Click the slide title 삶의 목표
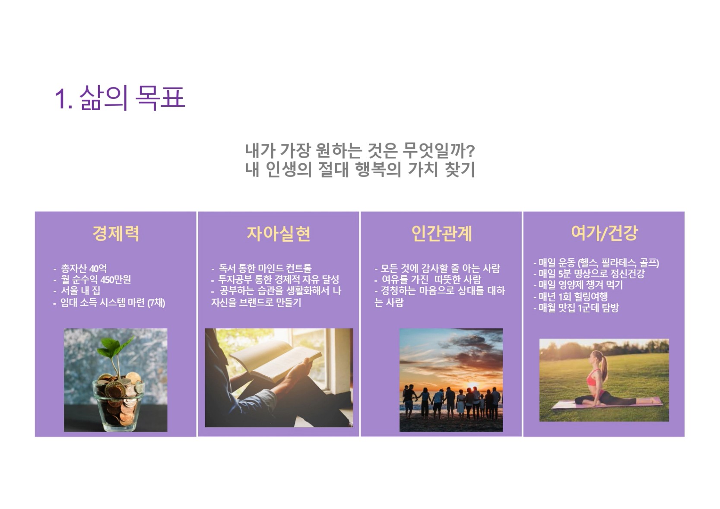tap(120, 98)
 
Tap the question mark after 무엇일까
tap(470, 150)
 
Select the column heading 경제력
tap(116, 233)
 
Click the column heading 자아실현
tap(278, 233)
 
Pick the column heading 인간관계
tap(441, 233)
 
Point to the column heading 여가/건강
tap(604, 233)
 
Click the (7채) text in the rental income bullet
tap(156, 302)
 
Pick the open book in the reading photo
tap(276, 360)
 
